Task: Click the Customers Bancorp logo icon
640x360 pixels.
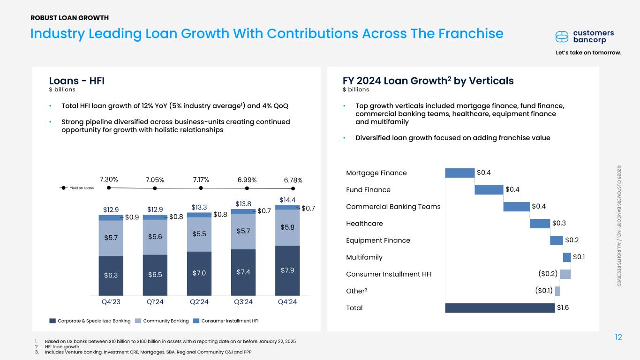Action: click(x=561, y=37)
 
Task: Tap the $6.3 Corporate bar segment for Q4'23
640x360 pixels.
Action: click(x=111, y=275)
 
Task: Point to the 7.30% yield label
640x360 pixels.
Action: click(x=109, y=180)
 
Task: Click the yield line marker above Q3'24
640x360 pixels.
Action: click(x=247, y=188)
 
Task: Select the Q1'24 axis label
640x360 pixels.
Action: click(x=155, y=302)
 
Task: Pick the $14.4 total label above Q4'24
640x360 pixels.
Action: click(x=287, y=200)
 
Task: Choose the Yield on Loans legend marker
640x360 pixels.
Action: click(x=66, y=188)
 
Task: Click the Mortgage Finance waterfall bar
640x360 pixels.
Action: click(x=459, y=173)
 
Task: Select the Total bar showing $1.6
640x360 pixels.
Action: click(x=500, y=308)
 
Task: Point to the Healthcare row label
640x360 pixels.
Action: click(x=364, y=224)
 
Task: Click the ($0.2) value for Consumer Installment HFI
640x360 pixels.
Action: click(x=548, y=274)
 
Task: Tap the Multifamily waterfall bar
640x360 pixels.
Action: click(x=566, y=257)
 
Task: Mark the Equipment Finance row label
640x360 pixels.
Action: click(x=378, y=240)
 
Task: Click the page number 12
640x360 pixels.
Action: click(x=618, y=337)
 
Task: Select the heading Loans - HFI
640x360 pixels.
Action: click(x=77, y=81)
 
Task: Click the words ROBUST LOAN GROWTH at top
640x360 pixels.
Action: click(x=69, y=18)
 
